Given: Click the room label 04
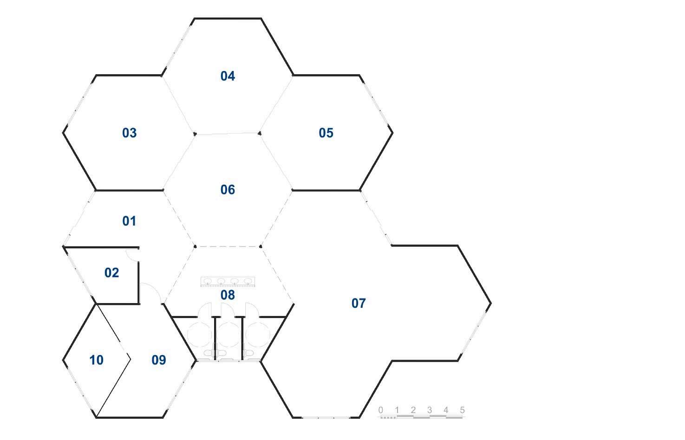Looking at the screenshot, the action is pyautogui.click(x=228, y=76).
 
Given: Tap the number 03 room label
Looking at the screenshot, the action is pyautogui.click(x=129, y=133).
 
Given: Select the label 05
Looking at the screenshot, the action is pyautogui.click(x=326, y=133).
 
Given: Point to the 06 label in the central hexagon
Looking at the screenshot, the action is pyautogui.click(x=228, y=190).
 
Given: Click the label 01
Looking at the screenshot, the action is pyautogui.click(x=129, y=221).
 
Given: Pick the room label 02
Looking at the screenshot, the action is pyautogui.click(x=111, y=272).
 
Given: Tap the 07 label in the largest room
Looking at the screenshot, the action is pyautogui.click(x=358, y=304).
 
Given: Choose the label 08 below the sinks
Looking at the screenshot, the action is pyautogui.click(x=228, y=295).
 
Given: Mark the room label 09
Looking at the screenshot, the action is pyautogui.click(x=158, y=360).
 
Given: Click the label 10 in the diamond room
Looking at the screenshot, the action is pyautogui.click(x=96, y=360).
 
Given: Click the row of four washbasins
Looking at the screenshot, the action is pyautogui.click(x=228, y=281).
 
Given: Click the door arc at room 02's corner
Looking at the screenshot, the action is pyautogui.click(x=132, y=253).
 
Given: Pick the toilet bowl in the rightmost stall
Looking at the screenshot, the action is pyautogui.click(x=249, y=354).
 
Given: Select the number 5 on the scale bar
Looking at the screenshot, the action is pyautogui.click(x=462, y=410).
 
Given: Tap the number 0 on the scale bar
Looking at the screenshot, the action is pyautogui.click(x=381, y=410).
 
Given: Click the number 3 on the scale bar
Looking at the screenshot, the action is pyautogui.click(x=430, y=410).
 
